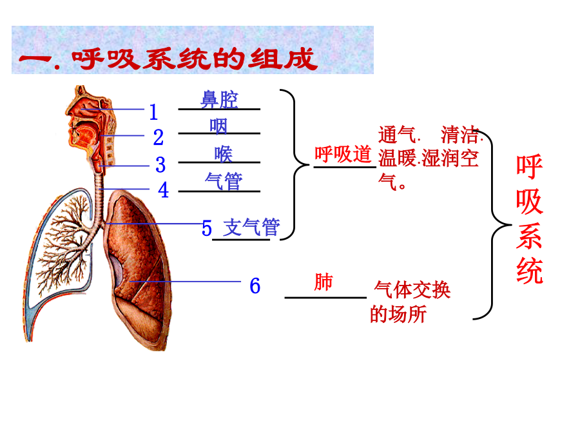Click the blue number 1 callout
coord(153,111)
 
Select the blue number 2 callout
coord(159,137)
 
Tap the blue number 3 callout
coord(160,164)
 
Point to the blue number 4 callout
coord(163,190)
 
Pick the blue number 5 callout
coord(207,228)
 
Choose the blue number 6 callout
coord(255,285)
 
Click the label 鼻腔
coord(219,100)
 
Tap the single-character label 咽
coord(218,126)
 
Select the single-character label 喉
coord(224,154)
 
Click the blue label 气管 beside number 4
coord(224,181)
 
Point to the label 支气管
coord(251,227)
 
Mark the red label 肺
coord(324,282)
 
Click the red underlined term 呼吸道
coord(343,154)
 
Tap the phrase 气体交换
coord(412,289)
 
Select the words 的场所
coord(398,314)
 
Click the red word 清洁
coord(459,135)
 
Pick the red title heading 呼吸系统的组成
coord(194,59)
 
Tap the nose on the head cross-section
coord(70,110)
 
